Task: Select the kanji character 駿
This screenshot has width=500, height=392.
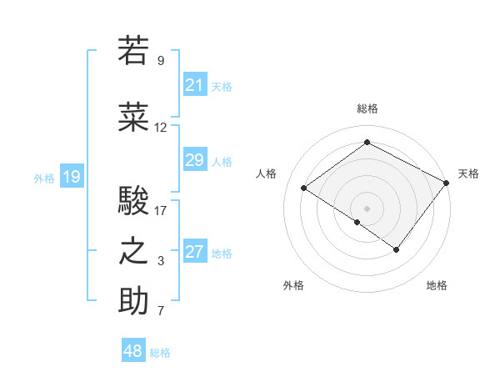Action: pyautogui.click(x=133, y=201)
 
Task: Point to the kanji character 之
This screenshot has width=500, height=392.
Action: pyautogui.click(x=133, y=252)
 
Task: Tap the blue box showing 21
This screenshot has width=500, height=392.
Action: pyautogui.click(x=194, y=84)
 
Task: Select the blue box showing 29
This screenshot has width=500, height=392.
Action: pyautogui.click(x=194, y=160)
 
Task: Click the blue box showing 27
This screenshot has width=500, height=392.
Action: pyautogui.click(x=194, y=252)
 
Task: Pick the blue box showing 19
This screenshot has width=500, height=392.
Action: pyautogui.click(x=71, y=176)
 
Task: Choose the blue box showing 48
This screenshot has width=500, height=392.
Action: pyautogui.click(x=133, y=351)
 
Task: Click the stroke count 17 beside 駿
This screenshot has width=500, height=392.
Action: pyautogui.click(x=160, y=211)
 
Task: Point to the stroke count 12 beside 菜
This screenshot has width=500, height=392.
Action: pyautogui.click(x=160, y=128)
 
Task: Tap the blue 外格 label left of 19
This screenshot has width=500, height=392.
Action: pyautogui.click(x=44, y=177)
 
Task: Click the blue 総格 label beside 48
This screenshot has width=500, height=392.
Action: pyautogui.click(x=160, y=353)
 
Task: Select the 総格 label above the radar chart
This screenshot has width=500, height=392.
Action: pyautogui.click(x=367, y=108)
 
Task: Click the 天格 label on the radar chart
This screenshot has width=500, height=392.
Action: pyautogui.click(x=468, y=173)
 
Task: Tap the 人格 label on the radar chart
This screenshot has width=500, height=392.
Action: pyautogui.click(x=266, y=173)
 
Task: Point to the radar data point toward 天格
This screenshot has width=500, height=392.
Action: pyautogui.click(x=447, y=182)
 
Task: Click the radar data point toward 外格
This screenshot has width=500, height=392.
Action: pyautogui.click(x=357, y=222)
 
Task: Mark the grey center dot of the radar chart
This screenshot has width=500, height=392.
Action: pyautogui.click(x=367, y=208)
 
